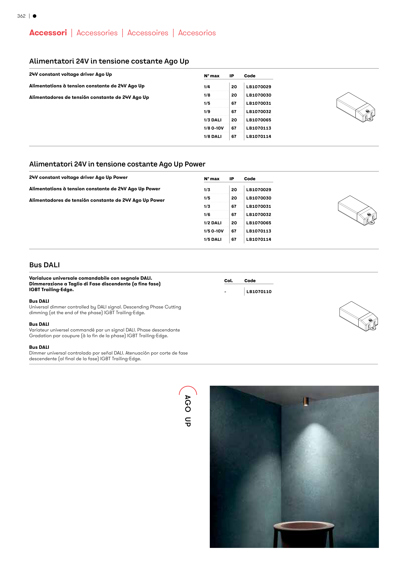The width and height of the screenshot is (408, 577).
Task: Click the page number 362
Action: point(21,16)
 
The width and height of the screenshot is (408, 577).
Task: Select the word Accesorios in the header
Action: point(197,33)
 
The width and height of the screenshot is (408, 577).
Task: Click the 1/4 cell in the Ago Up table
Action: point(207,87)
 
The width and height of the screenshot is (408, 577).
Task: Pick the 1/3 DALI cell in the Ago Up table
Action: point(213,120)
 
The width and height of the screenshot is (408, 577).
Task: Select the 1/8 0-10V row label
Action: point(214,128)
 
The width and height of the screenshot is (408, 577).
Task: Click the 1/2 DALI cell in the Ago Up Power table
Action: point(213,223)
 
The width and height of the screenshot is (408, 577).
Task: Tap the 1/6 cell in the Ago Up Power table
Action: point(207,215)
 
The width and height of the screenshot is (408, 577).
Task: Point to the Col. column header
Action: point(229,281)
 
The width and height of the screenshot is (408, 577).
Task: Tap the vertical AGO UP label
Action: point(188,411)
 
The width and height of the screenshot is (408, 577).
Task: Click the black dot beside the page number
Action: point(35,16)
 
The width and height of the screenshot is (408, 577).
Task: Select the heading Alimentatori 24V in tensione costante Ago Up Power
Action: point(117,164)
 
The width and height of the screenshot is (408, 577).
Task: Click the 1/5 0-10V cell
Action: point(214,231)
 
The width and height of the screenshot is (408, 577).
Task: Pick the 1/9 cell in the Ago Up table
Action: point(207,112)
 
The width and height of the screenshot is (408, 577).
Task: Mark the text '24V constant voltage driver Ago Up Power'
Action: point(78,177)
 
